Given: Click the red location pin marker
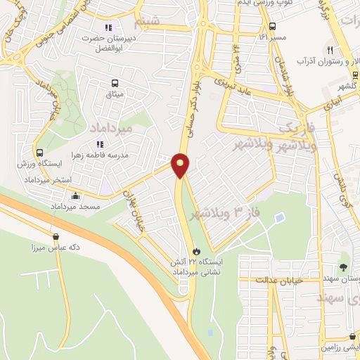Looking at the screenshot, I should [181, 165].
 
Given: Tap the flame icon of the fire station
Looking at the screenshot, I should [196, 250].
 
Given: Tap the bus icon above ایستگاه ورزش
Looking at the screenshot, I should [39, 152].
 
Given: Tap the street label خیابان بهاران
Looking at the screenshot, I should [136, 205].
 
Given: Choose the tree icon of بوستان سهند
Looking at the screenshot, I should [343, 266].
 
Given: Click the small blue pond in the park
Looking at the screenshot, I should [280, 218].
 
